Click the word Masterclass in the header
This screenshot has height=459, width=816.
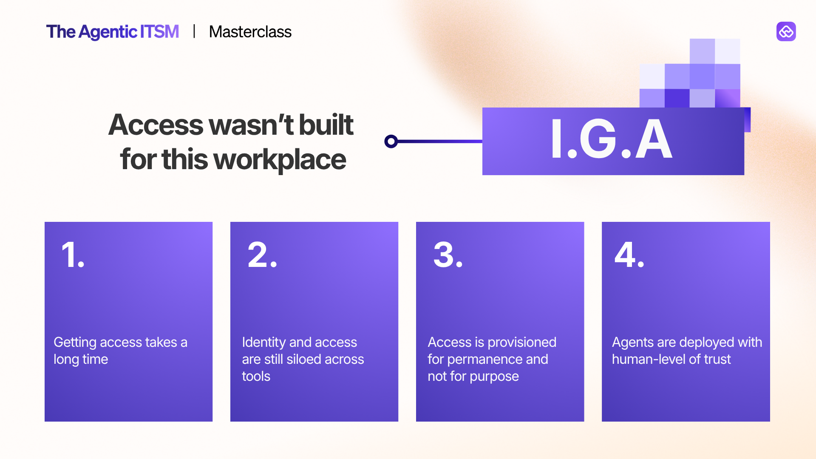250,32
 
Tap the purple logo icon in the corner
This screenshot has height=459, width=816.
786,31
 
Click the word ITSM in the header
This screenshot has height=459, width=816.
159,32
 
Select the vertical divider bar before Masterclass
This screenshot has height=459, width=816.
194,31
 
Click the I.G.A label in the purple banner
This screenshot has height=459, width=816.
612,139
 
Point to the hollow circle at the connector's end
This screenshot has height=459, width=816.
391,141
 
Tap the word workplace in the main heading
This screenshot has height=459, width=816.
280,160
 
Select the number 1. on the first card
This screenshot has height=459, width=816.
73,255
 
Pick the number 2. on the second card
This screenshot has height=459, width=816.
262,255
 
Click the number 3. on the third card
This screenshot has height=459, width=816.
448,255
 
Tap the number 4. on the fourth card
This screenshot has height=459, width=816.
629,255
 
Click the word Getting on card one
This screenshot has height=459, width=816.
75,343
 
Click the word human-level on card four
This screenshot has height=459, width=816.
649,360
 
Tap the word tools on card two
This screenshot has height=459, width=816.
256,377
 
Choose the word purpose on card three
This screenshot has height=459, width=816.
494,377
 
